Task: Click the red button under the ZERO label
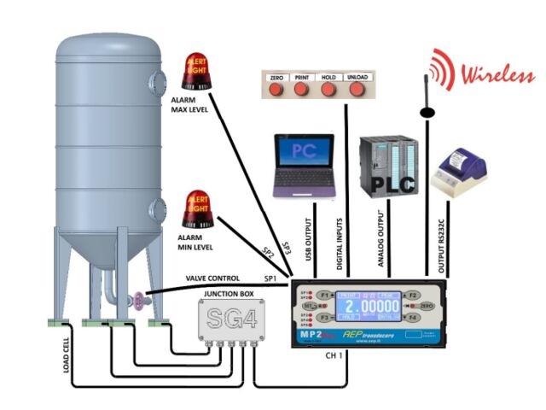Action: click(x=276, y=90)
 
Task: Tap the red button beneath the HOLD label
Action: click(x=328, y=90)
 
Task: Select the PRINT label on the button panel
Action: click(x=301, y=78)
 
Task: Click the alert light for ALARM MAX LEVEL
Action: click(x=196, y=72)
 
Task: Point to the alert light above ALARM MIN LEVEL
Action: click(x=198, y=209)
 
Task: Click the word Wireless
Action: click(x=492, y=74)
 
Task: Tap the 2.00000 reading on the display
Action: click(x=373, y=305)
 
